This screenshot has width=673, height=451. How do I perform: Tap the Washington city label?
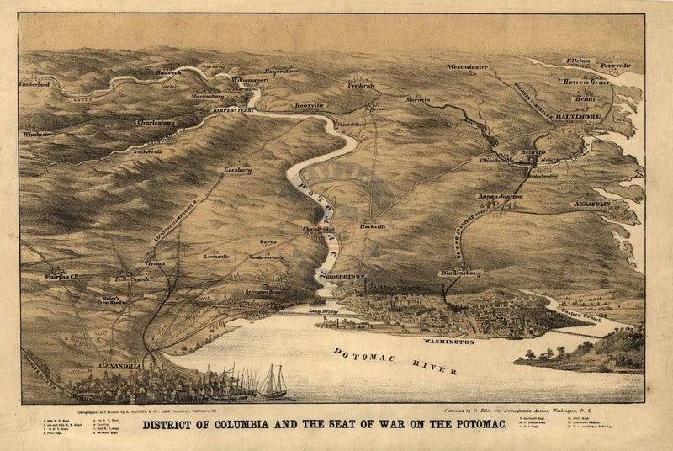pyautogui.click(x=449, y=342)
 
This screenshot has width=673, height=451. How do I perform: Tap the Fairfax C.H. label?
pyautogui.click(x=61, y=276)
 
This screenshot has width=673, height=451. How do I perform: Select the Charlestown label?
pyautogui.click(x=155, y=123)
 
